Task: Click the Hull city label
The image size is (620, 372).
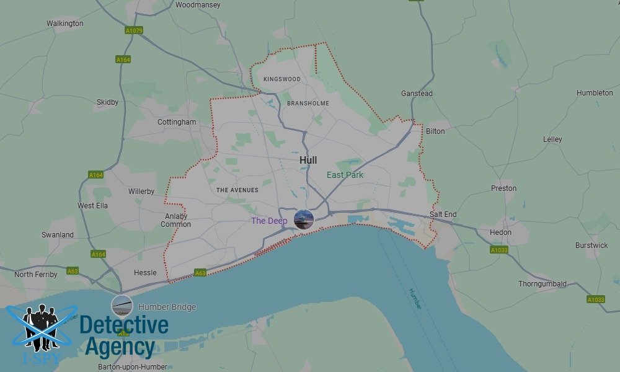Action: pyautogui.click(x=308, y=160)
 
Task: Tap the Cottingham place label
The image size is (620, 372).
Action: pyautogui.click(x=177, y=122)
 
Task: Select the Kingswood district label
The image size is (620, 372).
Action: pyautogui.click(x=282, y=79)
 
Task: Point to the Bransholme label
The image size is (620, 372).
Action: pyautogui.click(x=308, y=103)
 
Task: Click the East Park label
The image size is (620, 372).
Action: pyautogui.click(x=345, y=175)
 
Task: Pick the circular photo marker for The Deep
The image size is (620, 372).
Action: pyautogui.click(x=303, y=219)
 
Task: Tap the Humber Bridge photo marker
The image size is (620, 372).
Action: pyautogui.click(x=122, y=306)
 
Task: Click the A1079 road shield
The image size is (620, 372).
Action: pyautogui.click(x=133, y=30)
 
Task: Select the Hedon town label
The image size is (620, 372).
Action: pyautogui.click(x=500, y=232)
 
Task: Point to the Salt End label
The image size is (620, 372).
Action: pyautogui.click(x=443, y=215)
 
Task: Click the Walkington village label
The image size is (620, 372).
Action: pyautogui.click(x=65, y=24)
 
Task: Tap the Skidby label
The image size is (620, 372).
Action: pyautogui.click(x=107, y=102)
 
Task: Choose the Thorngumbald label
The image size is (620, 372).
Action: pyautogui.click(x=542, y=284)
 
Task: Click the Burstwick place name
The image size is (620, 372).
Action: pyautogui.click(x=591, y=245)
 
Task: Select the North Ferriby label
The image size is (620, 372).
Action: pyautogui.click(x=36, y=274)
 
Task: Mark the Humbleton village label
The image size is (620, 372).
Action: pyautogui.click(x=595, y=93)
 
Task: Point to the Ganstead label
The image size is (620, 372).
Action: pyautogui.click(x=417, y=94)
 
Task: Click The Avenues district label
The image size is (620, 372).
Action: pyautogui.click(x=237, y=190)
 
